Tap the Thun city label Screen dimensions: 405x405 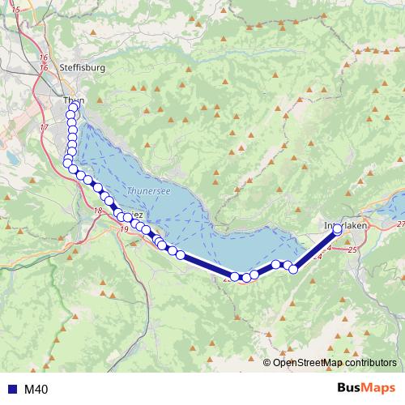pyautogui.click(x=70, y=100)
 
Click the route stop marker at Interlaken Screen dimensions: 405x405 pyautogui.click(x=338, y=229)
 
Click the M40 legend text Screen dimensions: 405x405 pyautogui.click(x=36, y=390)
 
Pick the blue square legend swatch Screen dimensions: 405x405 pyautogui.click(x=10, y=390)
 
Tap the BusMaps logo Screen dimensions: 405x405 pyautogui.click(x=365, y=389)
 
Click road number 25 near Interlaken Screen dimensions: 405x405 pyautogui.click(x=352, y=252)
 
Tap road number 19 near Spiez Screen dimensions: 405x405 pyautogui.click(x=124, y=230)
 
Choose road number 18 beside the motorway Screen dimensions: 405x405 pyautogui.click(x=98, y=211)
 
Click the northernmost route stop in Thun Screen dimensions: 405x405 pyautogui.click(x=75, y=106)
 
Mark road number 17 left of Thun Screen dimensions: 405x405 pyautogui.click(x=44, y=128)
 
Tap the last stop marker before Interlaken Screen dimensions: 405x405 pyautogui.click(x=293, y=269)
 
